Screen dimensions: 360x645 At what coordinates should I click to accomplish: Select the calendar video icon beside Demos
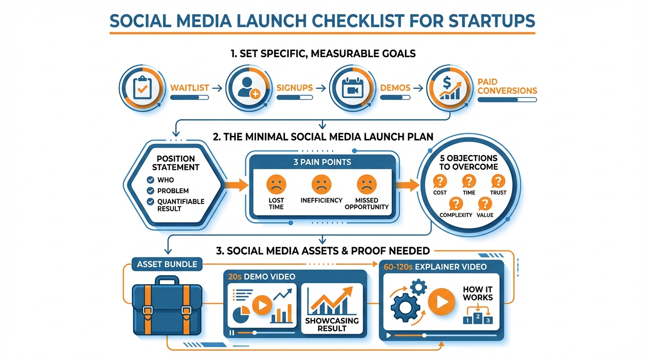352,88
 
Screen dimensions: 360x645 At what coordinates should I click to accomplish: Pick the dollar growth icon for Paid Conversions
450,88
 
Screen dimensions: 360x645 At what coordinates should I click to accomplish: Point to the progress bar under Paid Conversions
507,100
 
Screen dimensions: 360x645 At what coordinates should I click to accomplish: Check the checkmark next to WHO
150,180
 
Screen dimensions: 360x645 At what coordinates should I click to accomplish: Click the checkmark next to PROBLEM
150,191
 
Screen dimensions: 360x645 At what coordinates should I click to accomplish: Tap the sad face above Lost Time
276,184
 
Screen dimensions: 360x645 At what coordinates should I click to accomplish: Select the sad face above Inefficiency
321,184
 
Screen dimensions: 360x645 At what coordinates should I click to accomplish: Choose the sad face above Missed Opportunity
366,184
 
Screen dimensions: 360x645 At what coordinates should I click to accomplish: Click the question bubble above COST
440,181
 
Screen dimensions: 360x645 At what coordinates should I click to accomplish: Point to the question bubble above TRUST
498,181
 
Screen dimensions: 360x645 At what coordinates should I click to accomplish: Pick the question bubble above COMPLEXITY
455,203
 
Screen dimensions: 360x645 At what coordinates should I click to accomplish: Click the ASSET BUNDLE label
167,264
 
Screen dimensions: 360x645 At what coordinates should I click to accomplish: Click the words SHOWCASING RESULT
331,324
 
